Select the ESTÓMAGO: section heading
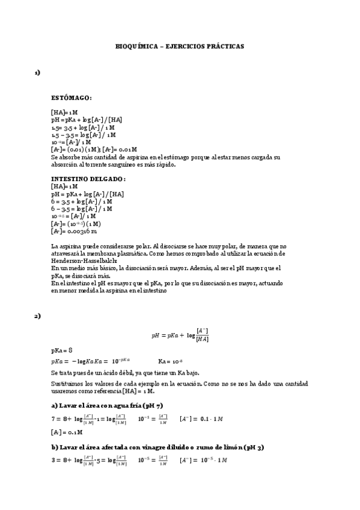coord(71,97)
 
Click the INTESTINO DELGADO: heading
coord(88,179)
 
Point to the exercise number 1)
coord(37,73)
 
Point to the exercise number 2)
coord(37,316)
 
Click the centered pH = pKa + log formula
coord(180,336)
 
